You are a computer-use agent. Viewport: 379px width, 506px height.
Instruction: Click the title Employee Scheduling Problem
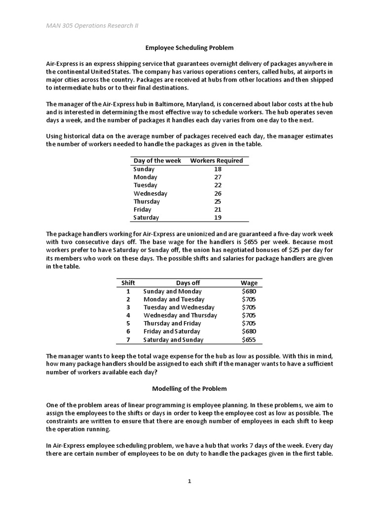point(189,48)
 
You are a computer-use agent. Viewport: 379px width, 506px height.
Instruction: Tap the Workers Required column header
point(216,161)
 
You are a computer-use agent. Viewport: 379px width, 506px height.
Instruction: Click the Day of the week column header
point(157,161)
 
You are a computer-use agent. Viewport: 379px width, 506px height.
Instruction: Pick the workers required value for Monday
point(218,177)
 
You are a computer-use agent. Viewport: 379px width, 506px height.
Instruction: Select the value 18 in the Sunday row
point(218,169)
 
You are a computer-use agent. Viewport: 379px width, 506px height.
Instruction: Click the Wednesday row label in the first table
point(150,193)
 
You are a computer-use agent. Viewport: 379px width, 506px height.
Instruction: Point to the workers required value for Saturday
point(218,217)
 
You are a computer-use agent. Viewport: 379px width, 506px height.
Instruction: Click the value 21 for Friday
point(218,210)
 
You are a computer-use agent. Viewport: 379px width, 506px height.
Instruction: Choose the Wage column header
point(249,283)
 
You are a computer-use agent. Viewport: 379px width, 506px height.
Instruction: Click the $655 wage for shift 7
point(249,339)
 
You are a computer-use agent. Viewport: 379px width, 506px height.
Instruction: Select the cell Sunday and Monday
point(172,291)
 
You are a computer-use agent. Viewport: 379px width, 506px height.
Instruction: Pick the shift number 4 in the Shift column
point(128,315)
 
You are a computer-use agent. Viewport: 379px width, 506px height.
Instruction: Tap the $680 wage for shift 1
point(249,291)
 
